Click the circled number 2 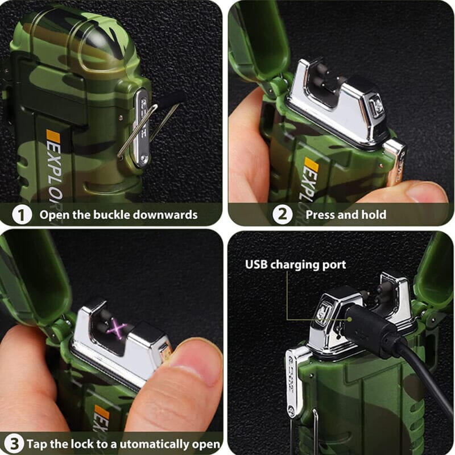[283, 214]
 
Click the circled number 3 [15, 444]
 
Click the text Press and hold [346, 214]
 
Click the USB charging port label [295, 264]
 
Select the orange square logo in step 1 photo [52, 136]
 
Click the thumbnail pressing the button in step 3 [193, 364]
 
